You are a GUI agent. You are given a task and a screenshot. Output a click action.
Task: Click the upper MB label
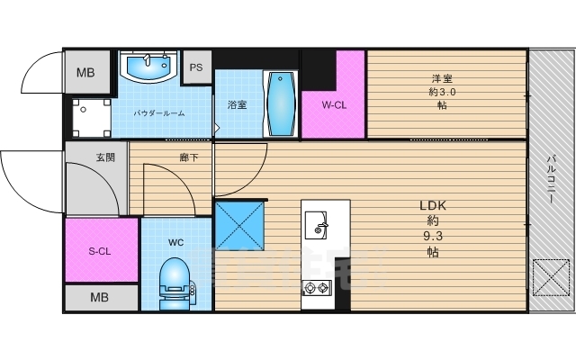(x=85, y=73)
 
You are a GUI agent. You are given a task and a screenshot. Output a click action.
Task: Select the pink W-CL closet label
(x=334, y=103)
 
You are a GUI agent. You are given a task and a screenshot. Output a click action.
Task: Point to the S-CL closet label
(x=100, y=251)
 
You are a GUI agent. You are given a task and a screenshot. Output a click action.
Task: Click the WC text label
(x=176, y=242)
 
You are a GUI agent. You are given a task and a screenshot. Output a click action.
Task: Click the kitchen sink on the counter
(x=317, y=225)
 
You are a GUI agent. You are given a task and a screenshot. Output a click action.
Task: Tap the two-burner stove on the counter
(x=318, y=288)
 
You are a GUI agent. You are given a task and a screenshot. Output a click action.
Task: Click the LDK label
(x=433, y=204)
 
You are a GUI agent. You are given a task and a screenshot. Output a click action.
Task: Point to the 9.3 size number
(x=433, y=236)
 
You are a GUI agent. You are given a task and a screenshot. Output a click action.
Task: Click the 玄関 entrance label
(x=105, y=157)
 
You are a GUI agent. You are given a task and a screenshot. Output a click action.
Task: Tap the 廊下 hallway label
(x=189, y=157)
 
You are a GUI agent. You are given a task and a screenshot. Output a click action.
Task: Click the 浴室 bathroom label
(x=237, y=103)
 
